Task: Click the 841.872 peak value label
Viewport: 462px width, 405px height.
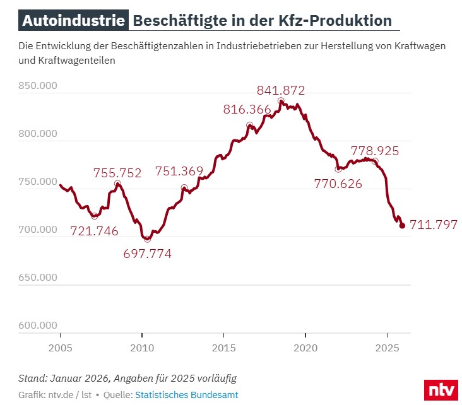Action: click(x=281, y=90)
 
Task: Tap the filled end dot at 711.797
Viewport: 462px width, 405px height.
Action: click(x=402, y=226)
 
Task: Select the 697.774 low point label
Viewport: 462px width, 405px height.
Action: click(x=147, y=254)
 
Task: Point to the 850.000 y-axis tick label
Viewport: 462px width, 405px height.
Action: click(x=38, y=85)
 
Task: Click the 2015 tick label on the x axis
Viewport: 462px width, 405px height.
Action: click(x=223, y=348)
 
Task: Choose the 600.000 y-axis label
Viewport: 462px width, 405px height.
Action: click(x=38, y=325)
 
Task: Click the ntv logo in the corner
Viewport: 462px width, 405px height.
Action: click(x=441, y=390)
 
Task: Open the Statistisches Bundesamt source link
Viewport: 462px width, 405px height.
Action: click(x=187, y=395)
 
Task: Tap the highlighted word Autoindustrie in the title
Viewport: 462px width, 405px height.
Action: click(x=73, y=20)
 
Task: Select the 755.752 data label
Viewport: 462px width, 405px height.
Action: click(x=117, y=173)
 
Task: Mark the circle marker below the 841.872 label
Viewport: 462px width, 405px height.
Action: click(x=281, y=101)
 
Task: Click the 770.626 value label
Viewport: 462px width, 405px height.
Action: click(x=338, y=184)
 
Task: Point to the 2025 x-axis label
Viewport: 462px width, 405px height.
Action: click(x=387, y=348)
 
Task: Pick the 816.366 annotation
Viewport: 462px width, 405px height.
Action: click(x=247, y=109)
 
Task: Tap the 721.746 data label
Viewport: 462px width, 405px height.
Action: click(x=94, y=231)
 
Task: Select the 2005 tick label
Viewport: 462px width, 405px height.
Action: click(x=61, y=348)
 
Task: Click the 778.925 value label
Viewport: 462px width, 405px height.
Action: click(x=375, y=151)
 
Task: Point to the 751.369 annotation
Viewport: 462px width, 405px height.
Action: click(x=179, y=171)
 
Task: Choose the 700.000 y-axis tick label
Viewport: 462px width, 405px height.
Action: click(x=38, y=229)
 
